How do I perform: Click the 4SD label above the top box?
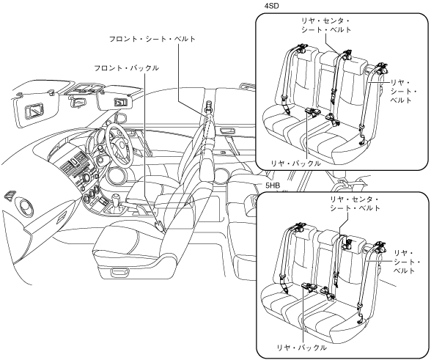click(271, 6)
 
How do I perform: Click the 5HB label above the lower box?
click(273, 186)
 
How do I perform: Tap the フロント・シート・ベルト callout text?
click(152, 39)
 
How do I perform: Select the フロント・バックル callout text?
click(126, 68)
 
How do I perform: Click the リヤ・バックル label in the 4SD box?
click(296, 164)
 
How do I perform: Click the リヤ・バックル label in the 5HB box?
click(302, 348)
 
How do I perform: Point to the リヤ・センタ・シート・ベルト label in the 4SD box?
click(326, 26)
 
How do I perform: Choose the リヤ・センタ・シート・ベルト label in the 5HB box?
click(355, 204)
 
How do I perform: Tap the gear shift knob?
click(117, 198)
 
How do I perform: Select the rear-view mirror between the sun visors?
click(78, 101)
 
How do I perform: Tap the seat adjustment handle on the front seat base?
click(120, 272)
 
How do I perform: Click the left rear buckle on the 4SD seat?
click(312, 111)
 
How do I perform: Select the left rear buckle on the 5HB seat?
click(309, 287)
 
